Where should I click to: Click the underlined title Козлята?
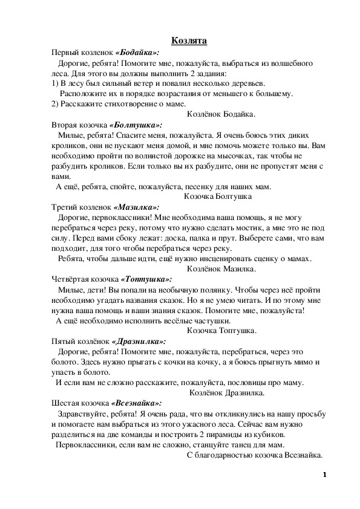pyautogui.click(x=189, y=41)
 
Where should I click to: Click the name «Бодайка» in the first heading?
pyautogui.click(x=137, y=53)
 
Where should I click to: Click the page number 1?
pyautogui.click(x=325, y=475)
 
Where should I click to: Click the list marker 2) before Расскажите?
pyautogui.click(x=55, y=103)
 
